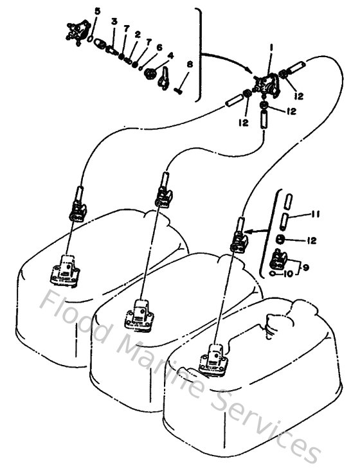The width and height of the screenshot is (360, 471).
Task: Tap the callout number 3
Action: point(114,21)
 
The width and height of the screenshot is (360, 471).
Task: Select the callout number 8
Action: point(189,64)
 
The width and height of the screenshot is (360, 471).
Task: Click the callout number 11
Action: point(315,213)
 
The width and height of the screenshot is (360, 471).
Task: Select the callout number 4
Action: point(170,54)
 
